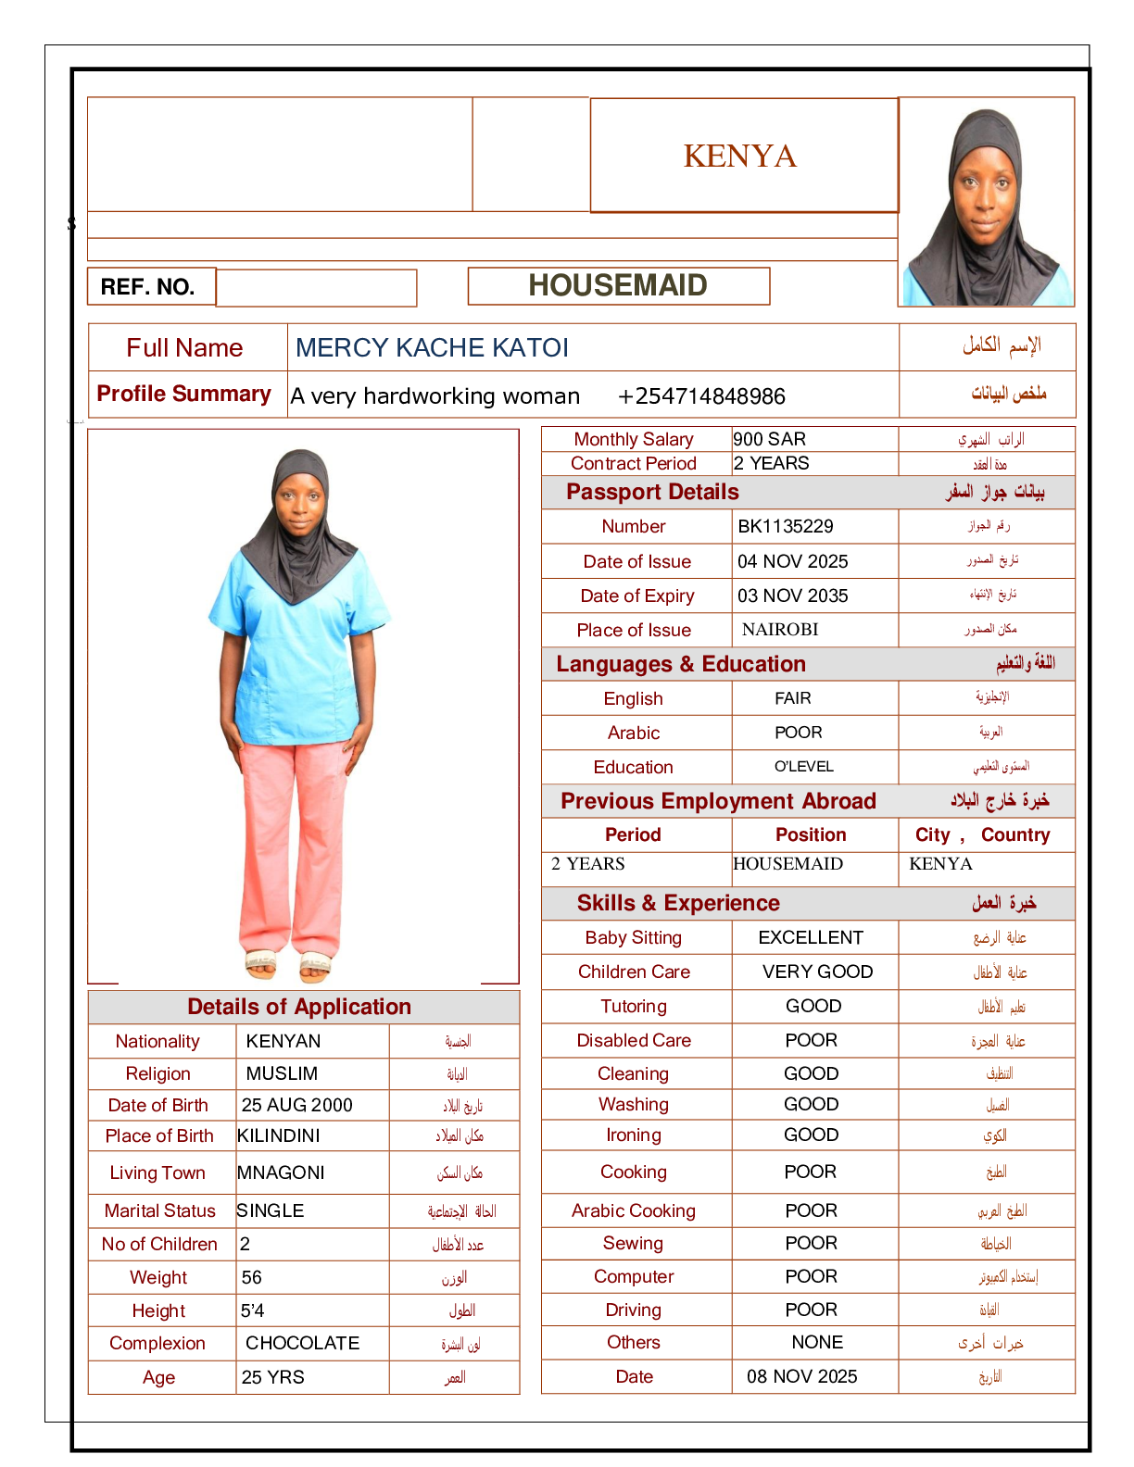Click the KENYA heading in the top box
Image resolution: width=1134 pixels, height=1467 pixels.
739,156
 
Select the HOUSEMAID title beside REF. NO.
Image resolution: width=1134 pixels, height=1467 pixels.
618,285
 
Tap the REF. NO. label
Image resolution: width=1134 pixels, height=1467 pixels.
148,287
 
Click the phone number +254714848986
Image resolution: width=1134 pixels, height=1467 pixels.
701,396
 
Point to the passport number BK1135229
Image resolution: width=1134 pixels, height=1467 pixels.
786,526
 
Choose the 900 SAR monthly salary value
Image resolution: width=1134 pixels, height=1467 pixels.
770,439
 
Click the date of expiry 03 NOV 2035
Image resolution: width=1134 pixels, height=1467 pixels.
793,596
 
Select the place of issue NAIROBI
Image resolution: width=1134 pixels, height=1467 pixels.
780,630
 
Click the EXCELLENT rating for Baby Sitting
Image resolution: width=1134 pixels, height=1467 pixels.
811,937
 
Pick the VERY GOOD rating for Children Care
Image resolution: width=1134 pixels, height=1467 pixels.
817,972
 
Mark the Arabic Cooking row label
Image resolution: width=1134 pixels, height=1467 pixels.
634,1210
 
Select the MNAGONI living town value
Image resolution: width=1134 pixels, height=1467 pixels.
281,1172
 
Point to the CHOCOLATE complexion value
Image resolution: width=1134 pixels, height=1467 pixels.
302,1343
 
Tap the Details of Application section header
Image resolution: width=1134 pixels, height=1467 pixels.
299,1007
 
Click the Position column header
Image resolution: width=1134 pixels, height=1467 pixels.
811,834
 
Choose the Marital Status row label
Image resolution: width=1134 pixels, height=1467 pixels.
160,1210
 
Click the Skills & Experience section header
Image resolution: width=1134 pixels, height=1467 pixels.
678,903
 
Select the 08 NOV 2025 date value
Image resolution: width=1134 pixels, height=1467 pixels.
802,1376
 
